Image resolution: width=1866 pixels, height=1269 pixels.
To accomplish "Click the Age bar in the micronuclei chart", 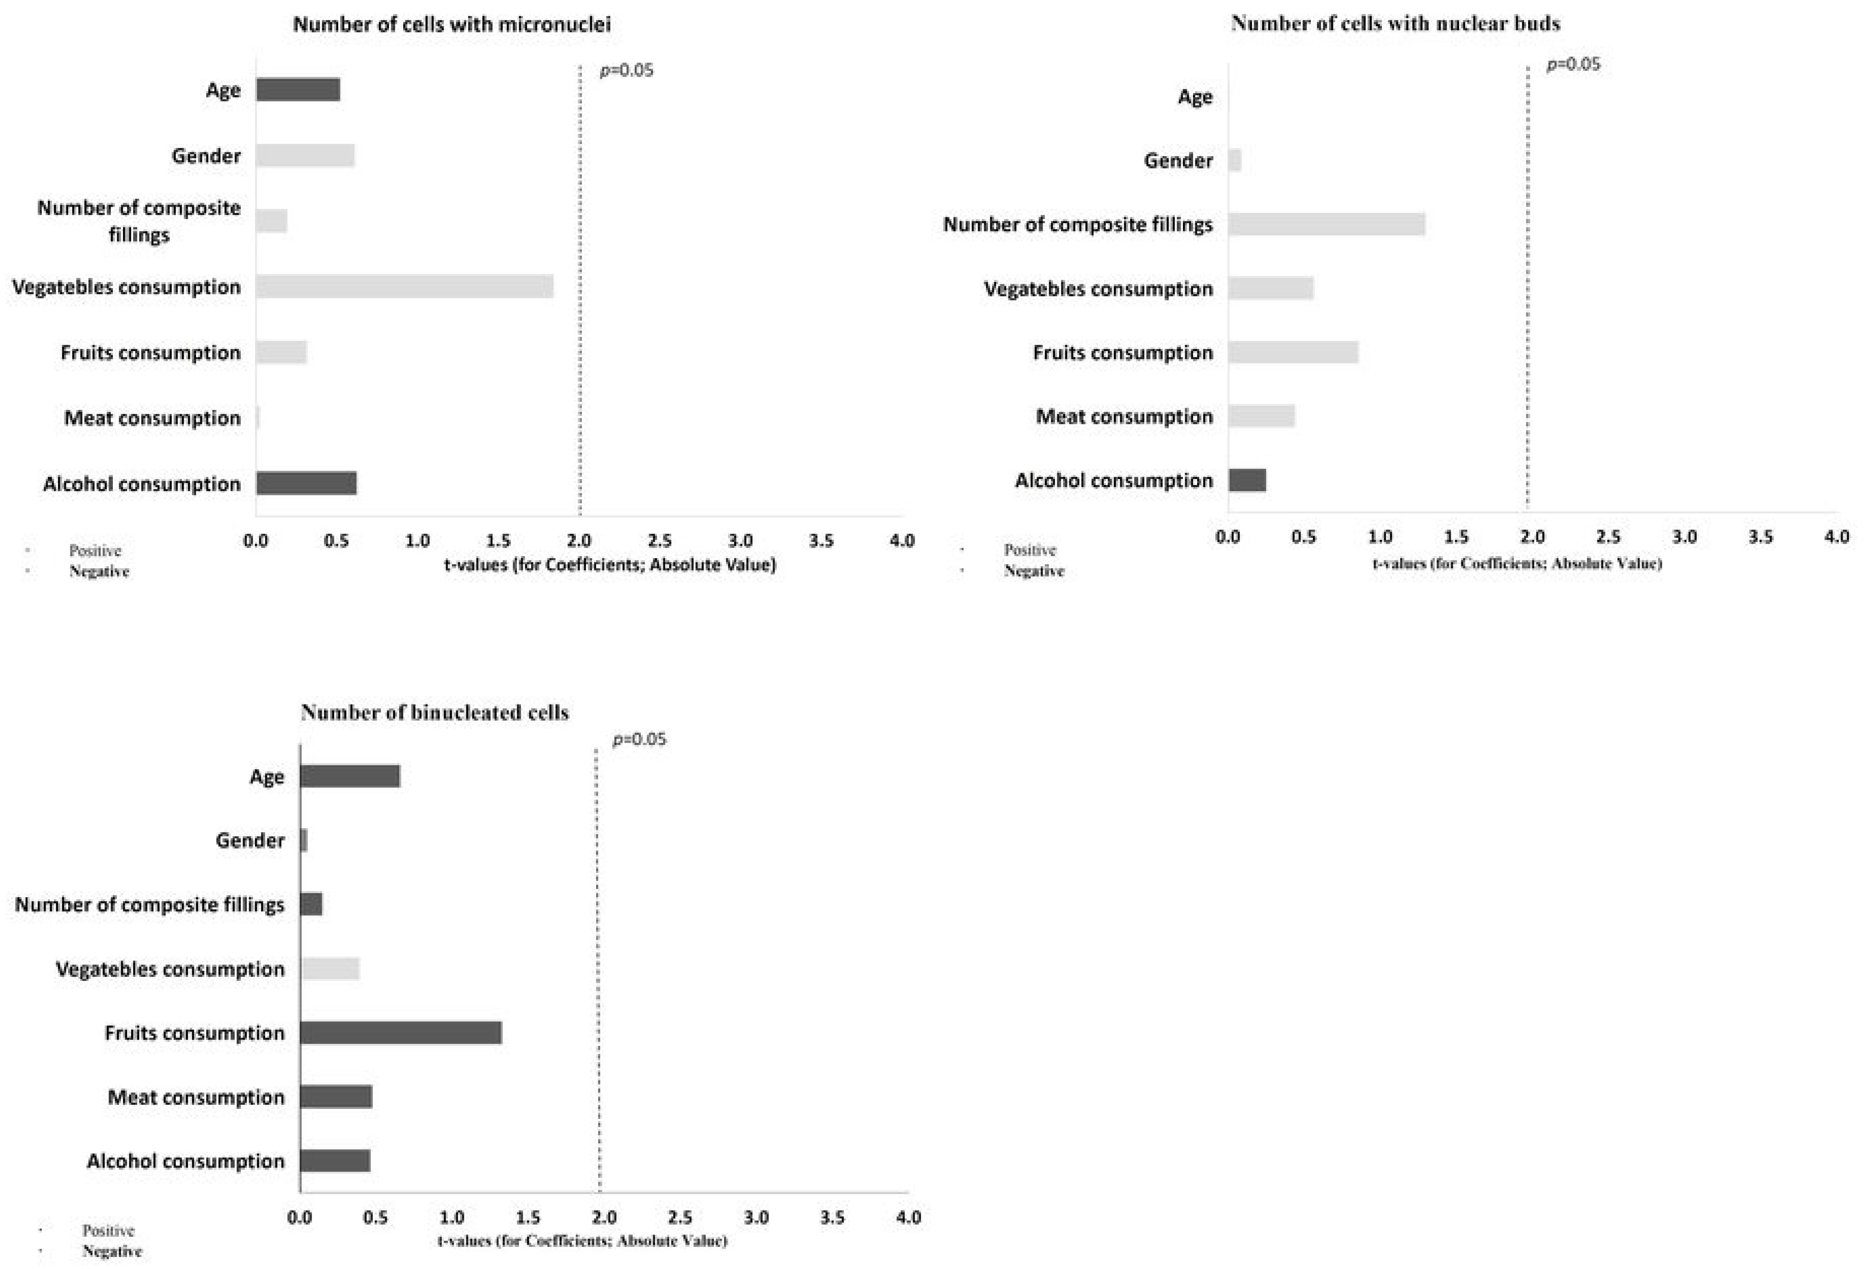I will point(298,90).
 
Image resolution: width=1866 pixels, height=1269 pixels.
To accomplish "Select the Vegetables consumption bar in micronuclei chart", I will point(405,287).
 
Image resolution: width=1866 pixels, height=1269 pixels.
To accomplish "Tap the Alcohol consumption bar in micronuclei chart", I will point(306,483).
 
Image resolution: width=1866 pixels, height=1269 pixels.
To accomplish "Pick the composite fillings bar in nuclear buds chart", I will point(1327,224).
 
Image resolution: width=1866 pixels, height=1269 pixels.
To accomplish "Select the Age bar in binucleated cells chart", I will point(350,776).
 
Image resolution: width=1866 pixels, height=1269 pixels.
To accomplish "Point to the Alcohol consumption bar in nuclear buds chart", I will point(1247,480).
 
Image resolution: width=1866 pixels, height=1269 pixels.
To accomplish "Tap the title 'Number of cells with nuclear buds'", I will point(1396,23).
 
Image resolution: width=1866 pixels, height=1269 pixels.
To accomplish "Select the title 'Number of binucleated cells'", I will point(435,713).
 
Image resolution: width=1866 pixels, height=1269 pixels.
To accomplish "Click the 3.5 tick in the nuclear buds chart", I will point(1760,536).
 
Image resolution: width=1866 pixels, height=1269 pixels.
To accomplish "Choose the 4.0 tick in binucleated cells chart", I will point(908,1217).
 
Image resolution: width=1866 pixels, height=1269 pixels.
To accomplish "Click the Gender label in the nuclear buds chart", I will point(1178,161).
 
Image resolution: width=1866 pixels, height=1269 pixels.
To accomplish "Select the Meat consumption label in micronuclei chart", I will point(152,418).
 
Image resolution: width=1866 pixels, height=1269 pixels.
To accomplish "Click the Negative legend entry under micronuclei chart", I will point(99,571).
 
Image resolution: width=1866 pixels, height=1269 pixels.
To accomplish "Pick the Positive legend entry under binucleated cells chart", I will point(108,1230).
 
